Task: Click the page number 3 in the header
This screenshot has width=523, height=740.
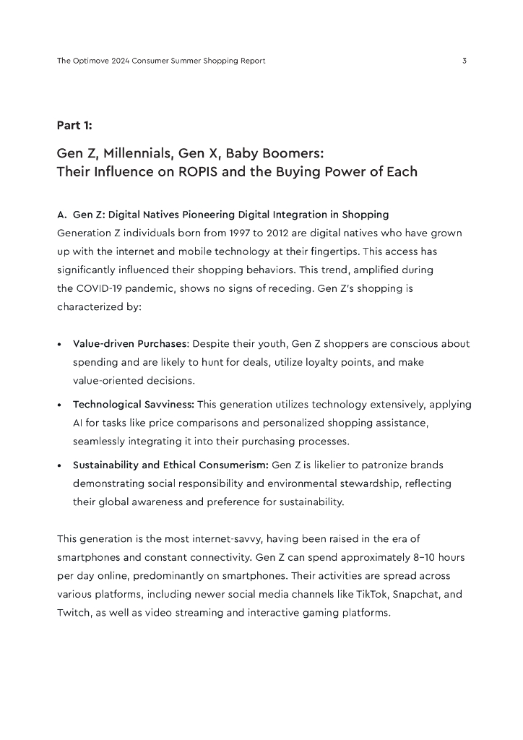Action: pyautogui.click(x=464, y=61)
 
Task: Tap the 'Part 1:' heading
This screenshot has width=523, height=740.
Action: pyautogui.click(x=74, y=126)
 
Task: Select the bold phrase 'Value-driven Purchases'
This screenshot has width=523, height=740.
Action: pyautogui.click(x=130, y=343)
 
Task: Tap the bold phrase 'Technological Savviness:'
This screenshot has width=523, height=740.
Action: pyautogui.click(x=133, y=404)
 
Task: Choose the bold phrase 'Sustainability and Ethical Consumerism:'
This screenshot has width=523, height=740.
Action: pyautogui.click(x=170, y=465)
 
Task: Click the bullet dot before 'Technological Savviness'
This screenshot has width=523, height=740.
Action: pyautogui.click(x=59, y=405)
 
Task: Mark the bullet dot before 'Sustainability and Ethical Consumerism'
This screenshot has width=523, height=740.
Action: pyautogui.click(x=59, y=465)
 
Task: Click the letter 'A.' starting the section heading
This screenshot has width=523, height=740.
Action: pyautogui.click(x=61, y=215)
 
